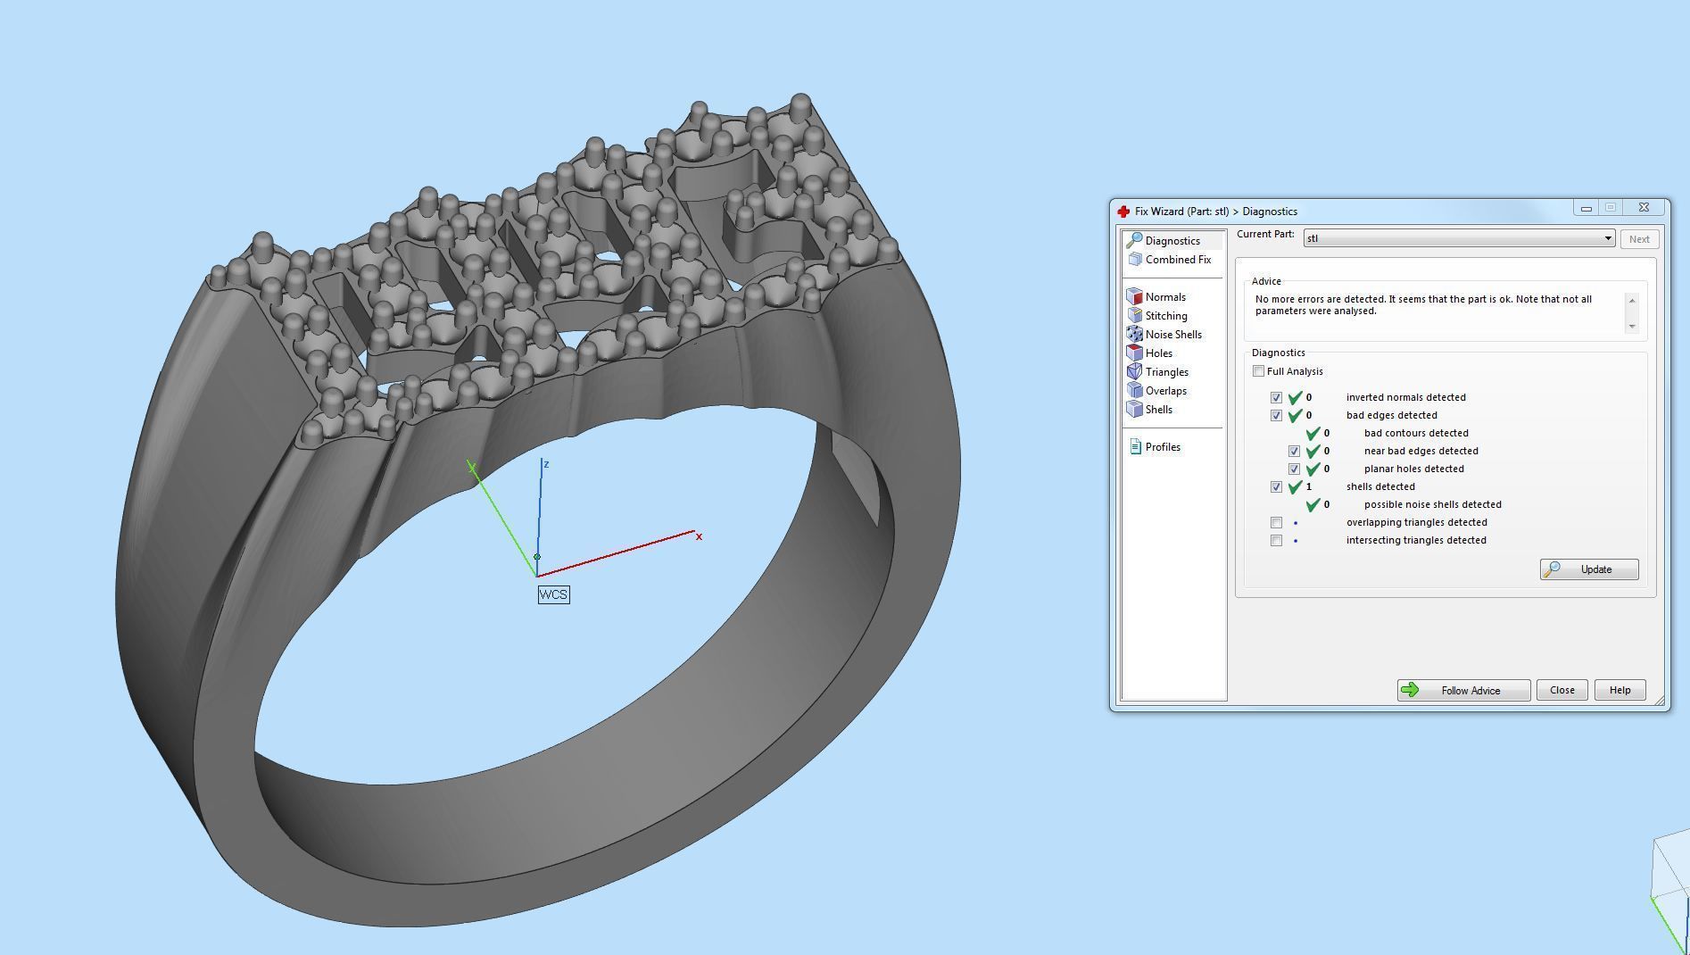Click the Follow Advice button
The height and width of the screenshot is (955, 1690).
[x=1463, y=690]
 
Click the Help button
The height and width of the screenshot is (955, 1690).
[x=1620, y=690]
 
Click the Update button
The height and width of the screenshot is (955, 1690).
[x=1588, y=569]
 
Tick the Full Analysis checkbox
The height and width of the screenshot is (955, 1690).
[x=1258, y=371]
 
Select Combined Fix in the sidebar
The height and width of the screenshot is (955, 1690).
[x=1177, y=260]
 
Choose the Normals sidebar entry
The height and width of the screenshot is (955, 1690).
[x=1164, y=297]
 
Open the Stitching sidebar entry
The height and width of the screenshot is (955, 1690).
[x=1165, y=316]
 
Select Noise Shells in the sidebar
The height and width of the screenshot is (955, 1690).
[x=1172, y=335]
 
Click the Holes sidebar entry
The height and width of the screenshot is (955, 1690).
[x=1158, y=353]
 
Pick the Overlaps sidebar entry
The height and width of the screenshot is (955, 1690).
[x=1165, y=391]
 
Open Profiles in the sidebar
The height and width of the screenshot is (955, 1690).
[x=1162, y=447]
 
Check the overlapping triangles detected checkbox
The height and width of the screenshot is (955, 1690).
[x=1276, y=523]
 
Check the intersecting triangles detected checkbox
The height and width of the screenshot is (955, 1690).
[x=1276, y=541]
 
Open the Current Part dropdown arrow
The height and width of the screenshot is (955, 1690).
[x=1608, y=238]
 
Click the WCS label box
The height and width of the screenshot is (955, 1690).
[x=553, y=594]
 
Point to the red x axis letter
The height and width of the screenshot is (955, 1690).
[x=699, y=536]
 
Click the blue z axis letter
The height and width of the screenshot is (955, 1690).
[x=546, y=464]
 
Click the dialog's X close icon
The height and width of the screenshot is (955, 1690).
[x=1644, y=208]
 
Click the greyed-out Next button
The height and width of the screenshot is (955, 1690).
[x=1639, y=239]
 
